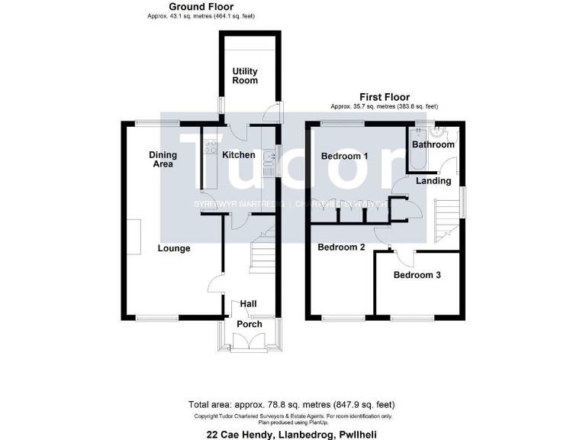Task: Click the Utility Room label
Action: coord(245,76)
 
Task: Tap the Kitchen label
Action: coord(238,155)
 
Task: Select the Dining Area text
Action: coord(163,159)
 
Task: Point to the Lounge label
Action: coord(174,248)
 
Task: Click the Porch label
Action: coord(249,324)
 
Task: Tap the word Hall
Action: coord(248,303)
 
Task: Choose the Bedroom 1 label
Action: coord(344,156)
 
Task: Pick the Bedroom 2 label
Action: coord(341,247)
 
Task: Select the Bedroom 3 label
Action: coord(417,275)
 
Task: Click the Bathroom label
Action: coord(433,144)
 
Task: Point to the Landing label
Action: coord(433,181)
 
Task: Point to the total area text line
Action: coord(292,404)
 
